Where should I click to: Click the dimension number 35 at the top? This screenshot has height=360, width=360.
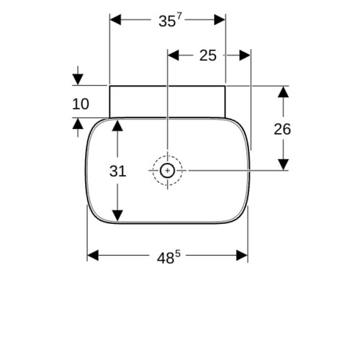[x=167, y=22]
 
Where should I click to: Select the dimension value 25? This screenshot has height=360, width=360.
[x=208, y=55]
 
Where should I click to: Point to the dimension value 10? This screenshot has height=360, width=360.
[x=81, y=104]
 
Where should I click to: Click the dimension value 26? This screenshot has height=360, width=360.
[x=282, y=129]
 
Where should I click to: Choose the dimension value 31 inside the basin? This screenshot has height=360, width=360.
[x=117, y=171]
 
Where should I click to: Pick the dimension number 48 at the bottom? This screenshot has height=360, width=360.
[x=166, y=258]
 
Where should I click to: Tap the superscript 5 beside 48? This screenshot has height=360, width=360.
[x=177, y=253]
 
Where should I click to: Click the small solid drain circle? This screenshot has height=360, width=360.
[x=167, y=171]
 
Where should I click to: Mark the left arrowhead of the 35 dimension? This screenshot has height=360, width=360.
[x=115, y=19]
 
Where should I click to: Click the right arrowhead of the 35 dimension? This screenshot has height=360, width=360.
[x=220, y=19]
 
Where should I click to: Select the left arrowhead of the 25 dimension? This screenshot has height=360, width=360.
[x=174, y=55]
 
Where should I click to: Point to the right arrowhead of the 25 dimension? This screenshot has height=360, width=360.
[x=245, y=55]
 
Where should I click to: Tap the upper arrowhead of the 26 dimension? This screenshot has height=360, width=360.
[x=283, y=92]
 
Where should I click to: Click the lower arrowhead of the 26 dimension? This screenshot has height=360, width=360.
[x=283, y=165]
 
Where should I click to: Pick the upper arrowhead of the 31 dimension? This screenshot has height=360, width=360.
[x=117, y=125]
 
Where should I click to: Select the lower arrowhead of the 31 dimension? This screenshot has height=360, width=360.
[x=117, y=215]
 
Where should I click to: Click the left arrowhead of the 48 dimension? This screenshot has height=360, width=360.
[x=93, y=255]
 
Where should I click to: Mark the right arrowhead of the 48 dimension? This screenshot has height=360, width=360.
[x=242, y=255]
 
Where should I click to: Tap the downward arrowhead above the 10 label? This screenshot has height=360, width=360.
[x=78, y=79]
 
